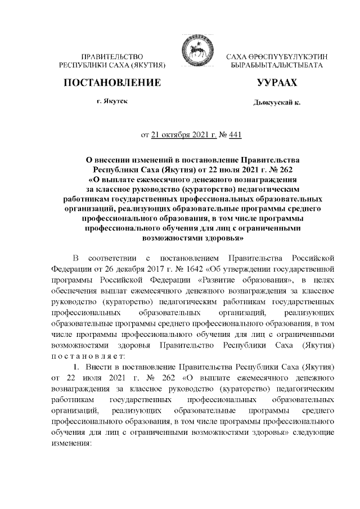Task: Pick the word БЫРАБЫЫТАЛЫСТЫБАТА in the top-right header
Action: [280, 66]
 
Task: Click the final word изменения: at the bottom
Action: [75, 443]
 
